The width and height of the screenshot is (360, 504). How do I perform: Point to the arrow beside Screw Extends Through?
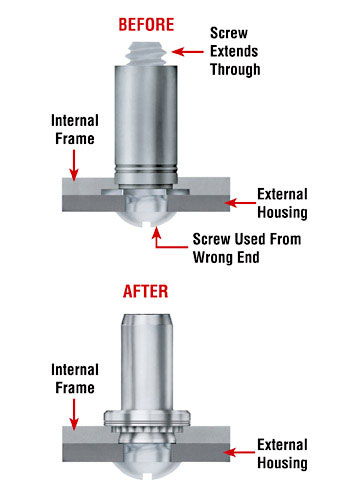coord(187,49)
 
